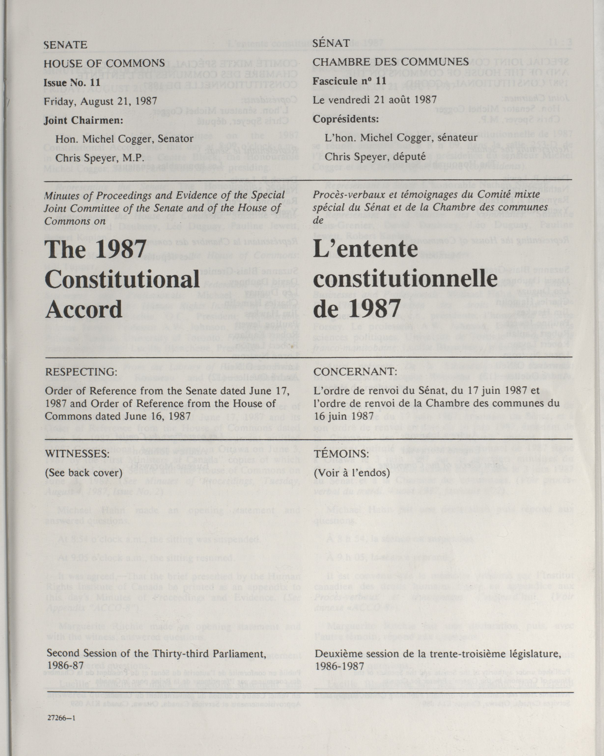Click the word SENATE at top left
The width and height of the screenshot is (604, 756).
[65, 45]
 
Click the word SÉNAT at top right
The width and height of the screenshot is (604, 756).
[331, 43]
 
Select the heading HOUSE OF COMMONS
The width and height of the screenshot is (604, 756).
[104, 63]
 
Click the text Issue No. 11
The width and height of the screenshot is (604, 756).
[72, 82]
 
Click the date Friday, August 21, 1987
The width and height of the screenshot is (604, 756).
[100, 101]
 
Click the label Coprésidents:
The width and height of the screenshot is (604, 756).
[346, 119]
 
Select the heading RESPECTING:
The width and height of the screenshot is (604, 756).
[81, 372]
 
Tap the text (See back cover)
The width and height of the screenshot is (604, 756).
[84, 472]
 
